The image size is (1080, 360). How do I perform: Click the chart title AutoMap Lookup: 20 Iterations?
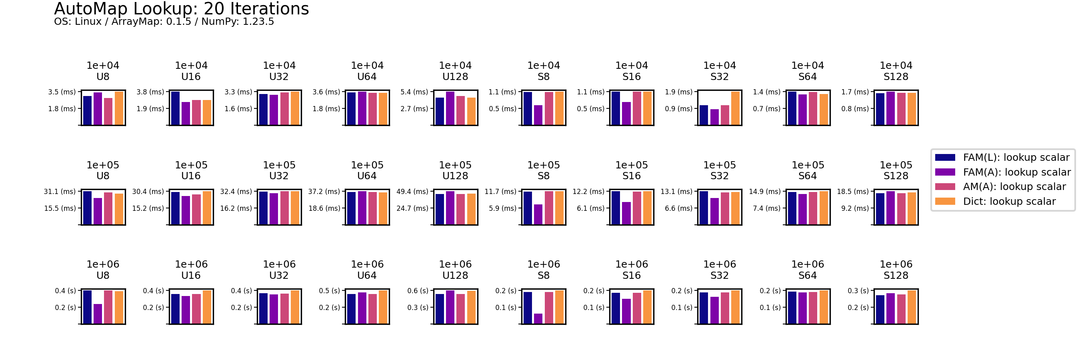coord(181,9)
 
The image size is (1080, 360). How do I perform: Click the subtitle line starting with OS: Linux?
coord(164,21)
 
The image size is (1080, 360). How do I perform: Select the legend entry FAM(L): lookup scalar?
coord(1016,158)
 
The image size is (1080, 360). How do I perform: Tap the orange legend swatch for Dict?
coord(945,202)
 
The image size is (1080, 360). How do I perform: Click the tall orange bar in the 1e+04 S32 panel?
coord(735,108)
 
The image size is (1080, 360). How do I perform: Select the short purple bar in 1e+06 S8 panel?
coord(538,318)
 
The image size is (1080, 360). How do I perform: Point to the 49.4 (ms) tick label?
coord(412,192)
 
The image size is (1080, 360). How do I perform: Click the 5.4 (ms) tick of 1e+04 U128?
coord(414,92)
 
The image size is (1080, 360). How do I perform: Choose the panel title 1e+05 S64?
coord(808,170)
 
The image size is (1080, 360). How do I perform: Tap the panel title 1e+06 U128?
coord(455,270)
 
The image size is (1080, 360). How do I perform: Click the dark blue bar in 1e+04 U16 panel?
coord(175,108)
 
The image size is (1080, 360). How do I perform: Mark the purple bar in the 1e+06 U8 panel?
coord(98,314)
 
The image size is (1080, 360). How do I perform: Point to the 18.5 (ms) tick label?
coord(853,192)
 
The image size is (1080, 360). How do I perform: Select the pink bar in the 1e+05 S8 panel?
coord(549,208)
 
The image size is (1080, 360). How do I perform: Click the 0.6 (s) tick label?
coord(418,291)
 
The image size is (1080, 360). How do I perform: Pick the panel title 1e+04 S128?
coord(896,71)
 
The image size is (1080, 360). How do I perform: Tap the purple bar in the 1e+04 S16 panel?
coord(626,114)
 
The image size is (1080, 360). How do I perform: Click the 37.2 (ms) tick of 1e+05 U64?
coord(324,192)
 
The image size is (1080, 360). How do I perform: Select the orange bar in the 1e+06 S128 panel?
coord(912,307)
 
